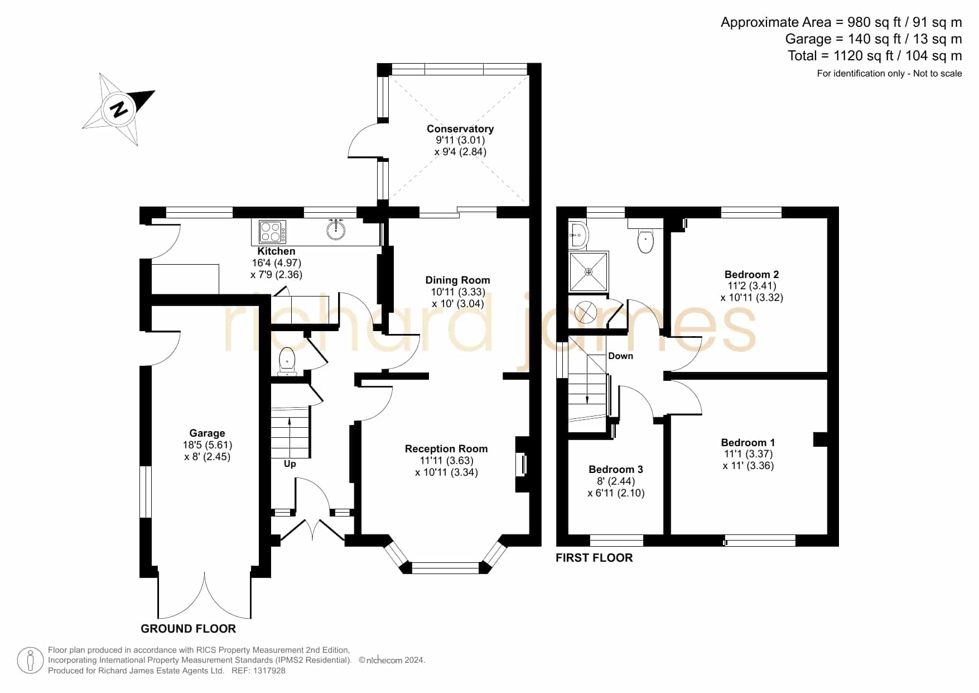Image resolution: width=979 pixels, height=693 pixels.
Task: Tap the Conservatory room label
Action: coord(460,129)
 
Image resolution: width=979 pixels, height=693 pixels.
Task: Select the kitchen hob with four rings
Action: coord(273,232)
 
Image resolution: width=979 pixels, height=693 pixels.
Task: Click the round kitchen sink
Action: coord(336,230)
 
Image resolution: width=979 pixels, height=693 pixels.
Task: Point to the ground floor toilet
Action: coord(287,362)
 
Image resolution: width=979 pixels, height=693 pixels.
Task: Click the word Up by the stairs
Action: coord(290,464)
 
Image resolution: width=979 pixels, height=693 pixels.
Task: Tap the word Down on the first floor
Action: coord(621,356)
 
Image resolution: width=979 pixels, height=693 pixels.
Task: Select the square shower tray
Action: coord(589,271)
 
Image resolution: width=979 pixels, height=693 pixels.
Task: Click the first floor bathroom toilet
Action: coord(645,239)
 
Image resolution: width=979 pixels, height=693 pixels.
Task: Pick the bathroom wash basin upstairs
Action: coord(578,235)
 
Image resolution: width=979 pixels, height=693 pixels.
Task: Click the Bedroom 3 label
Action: coord(616,469)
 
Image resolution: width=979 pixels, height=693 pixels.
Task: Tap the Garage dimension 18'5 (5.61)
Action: coord(208,445)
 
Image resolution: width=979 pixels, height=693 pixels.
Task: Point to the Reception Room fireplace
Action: coord(522,464)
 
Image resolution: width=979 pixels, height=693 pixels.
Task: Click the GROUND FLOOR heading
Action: coord(189,629)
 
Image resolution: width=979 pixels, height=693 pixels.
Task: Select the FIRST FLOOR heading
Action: coord(594,558)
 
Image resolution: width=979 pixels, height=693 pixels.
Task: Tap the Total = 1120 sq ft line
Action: coord(875,56)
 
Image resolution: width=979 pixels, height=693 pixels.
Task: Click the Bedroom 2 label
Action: coord(751,274)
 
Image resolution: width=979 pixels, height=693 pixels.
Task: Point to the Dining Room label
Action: coord(457,280)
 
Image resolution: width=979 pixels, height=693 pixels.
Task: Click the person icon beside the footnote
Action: coord(30,661)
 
